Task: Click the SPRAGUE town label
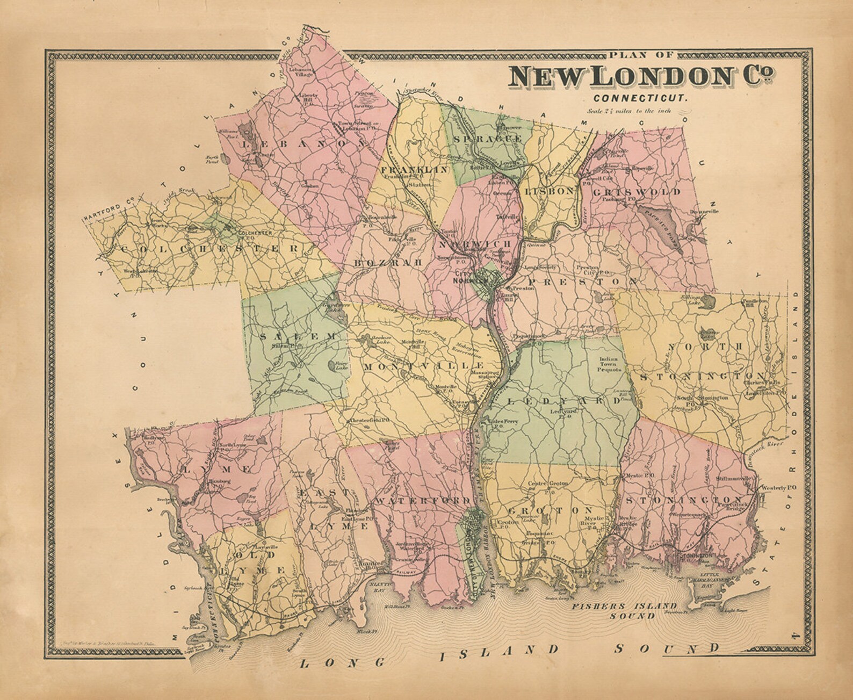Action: point(487,139)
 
